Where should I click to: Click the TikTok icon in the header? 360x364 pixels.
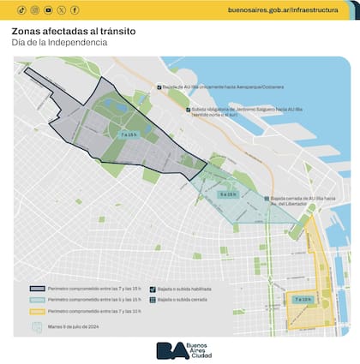[21, 9]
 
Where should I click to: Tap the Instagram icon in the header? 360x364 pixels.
[34, 9]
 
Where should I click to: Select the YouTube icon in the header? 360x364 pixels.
[48, 9]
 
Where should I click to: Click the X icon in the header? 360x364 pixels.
[62, 9]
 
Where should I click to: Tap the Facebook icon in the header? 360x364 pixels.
[75, 9]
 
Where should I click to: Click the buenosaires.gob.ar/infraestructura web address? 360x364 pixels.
[289, 9]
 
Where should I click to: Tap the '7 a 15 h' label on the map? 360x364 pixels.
[129, 134]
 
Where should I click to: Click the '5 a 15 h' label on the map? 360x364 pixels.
[227, 195]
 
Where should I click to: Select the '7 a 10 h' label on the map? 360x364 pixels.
[303, 300]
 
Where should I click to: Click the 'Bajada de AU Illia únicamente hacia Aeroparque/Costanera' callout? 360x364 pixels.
[224, 87]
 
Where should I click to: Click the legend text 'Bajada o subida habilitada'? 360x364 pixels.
[184, 289]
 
